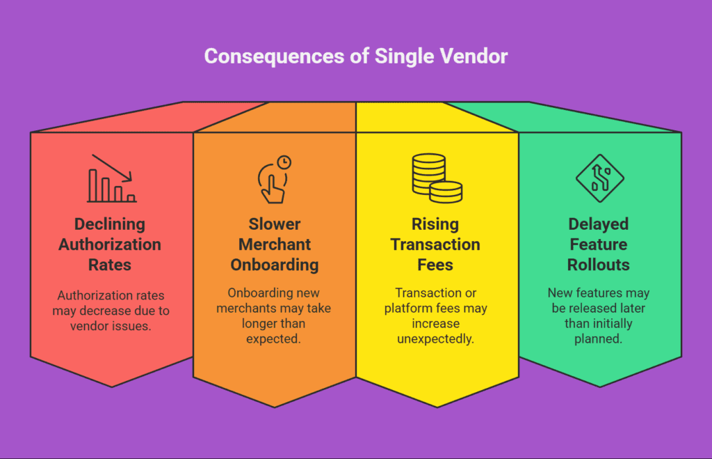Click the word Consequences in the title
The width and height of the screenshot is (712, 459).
(x=274, y=57)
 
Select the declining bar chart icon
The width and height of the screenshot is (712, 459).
(x=112, y=178)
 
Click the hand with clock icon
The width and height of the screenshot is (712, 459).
(x=274, y=179)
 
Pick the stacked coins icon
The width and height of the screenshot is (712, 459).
(x=437, y=178)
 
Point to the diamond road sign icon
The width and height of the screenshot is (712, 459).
(x=600, y=178)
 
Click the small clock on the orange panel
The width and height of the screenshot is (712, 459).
(x=284, y=162)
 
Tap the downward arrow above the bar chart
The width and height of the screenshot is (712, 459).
(x=112, y=169)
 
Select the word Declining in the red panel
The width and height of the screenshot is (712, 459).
(x=110, y=224)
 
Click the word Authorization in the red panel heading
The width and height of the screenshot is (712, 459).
(x=110, y=244)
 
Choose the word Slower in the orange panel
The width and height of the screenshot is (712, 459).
(x=274, y=224)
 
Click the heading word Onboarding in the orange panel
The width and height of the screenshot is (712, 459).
(x=274, y=265)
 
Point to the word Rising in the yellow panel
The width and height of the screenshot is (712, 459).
(x=435, y=224)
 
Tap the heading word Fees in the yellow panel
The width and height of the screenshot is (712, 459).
(x=435, y=265)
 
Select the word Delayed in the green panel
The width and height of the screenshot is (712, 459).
(x=599, y=224)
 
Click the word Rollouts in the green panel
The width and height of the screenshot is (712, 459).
(x=599, y=265)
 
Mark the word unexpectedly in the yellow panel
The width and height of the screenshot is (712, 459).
(x=435, y=339)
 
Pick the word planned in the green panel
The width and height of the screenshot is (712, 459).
(x=598, y=339)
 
